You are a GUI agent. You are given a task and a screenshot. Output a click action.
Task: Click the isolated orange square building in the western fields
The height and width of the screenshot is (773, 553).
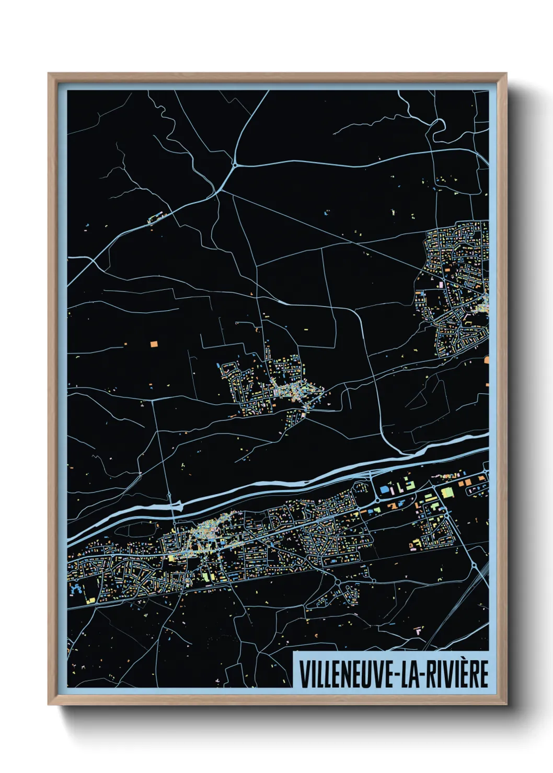154,344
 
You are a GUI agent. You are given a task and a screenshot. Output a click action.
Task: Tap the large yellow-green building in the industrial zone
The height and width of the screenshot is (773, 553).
447,493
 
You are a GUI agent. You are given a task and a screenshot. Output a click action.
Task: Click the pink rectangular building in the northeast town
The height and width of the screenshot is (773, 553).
440,285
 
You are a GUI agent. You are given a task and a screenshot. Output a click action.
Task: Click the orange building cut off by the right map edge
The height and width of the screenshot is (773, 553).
486,359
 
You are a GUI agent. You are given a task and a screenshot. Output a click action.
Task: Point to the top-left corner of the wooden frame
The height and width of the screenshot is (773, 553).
49,74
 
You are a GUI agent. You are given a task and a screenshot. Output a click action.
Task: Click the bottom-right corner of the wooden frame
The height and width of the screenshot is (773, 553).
506,704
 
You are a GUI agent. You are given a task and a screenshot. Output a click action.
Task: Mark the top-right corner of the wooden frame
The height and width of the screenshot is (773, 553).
506,74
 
